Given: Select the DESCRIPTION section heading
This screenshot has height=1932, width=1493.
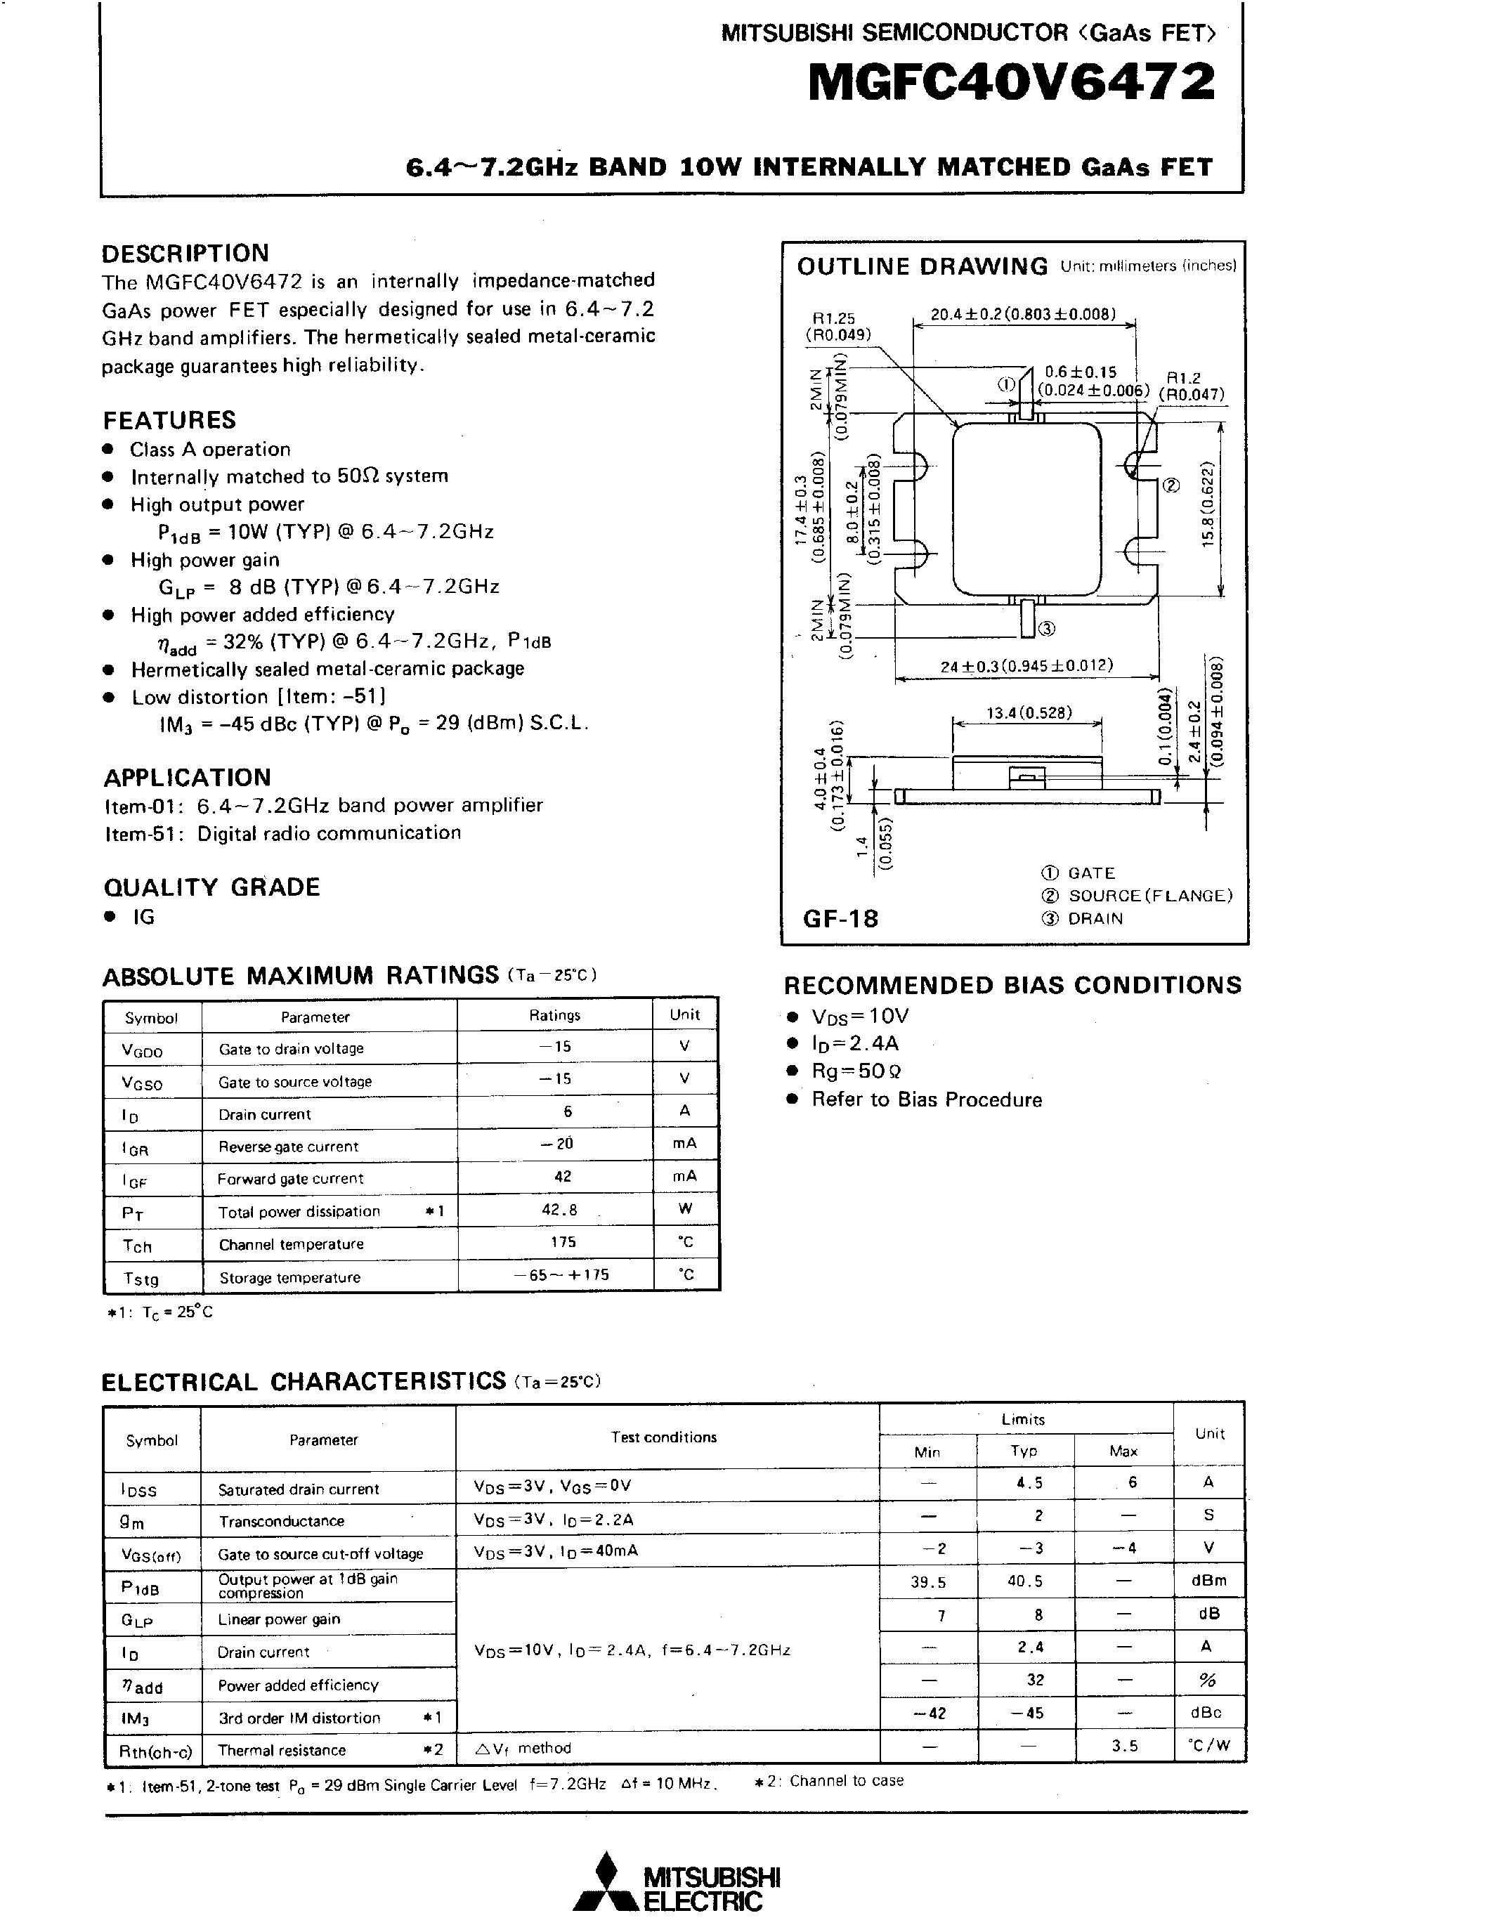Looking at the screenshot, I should pyautogui.click(x=185, y=254).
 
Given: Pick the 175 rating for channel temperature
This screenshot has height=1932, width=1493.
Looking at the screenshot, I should pyautogui.click(x=563, y=1242).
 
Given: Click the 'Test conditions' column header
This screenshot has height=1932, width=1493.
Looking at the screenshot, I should pyautogui.click(x=663, y=1437).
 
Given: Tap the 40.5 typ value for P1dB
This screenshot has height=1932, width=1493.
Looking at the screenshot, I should pyautogui.click(x=1024, y=1581).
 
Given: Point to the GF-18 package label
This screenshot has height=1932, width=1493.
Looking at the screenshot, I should pyautogui.click(x=840, y=918).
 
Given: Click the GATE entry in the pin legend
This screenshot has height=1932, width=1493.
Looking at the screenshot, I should pyautogui.click(x=1090, y=873).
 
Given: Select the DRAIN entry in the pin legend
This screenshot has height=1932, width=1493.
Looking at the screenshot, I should pyautogui.click(x=1094, y=918).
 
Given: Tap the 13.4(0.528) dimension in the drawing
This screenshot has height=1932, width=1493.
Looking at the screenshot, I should pyautogui.click(x=1029, y=713).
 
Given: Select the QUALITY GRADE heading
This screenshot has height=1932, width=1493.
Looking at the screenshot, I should pyautogui.click(x=211, y=887).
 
